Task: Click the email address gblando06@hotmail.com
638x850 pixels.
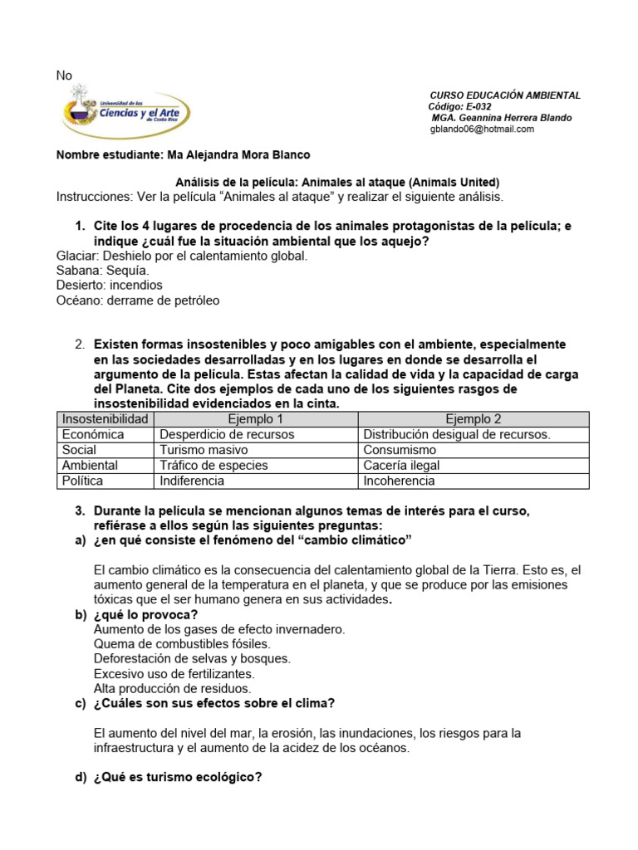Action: pyautogui.click(x=482, y=129)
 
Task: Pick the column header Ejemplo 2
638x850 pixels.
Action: pyautogui.click(x=473, y=419)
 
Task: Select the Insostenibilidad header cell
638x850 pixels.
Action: pyautogui.click(x=105, y=419)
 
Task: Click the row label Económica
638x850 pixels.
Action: pyautogui.click(x=93, y=434)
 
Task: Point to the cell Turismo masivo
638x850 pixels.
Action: pyautogui.click(x=204, y=450)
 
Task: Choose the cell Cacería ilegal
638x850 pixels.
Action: pyautogui.click(x=401, y=466)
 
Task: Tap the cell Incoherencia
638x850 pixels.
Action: pyautogui.click(x=399, y=481)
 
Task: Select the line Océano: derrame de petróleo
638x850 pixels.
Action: pyautogui.click(x=138, y=300)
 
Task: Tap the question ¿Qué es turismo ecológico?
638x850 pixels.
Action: pyautogui.click(x=178, y=778)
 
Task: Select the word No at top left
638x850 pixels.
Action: pyautogui.click(x=64, y=76)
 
